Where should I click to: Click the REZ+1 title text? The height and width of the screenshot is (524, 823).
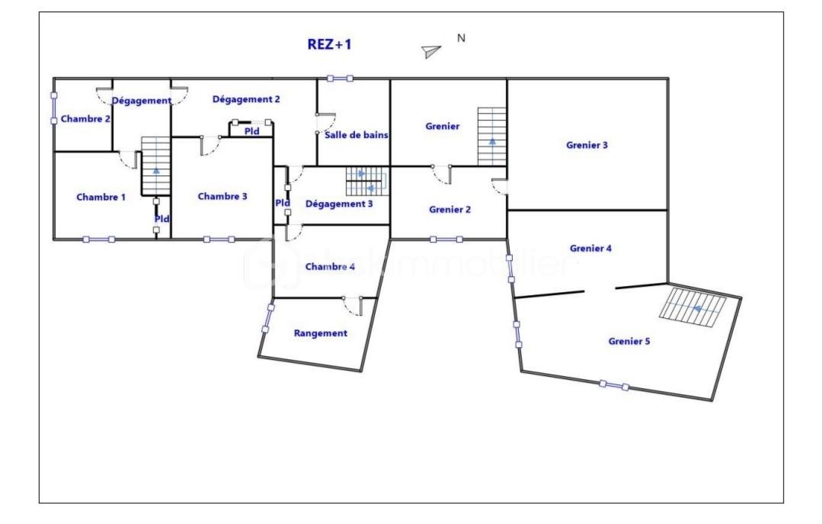[329, 44]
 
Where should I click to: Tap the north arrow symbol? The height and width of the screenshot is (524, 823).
[431, 51]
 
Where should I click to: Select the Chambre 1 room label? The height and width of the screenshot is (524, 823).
[101, 197]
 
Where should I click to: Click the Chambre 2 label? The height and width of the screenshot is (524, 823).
[85, 119]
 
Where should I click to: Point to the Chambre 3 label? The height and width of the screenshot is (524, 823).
[223, 196]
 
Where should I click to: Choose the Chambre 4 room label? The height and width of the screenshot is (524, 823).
[330, 266]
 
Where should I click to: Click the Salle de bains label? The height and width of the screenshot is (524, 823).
[357, 135]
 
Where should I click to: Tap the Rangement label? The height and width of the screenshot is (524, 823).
[321, 333]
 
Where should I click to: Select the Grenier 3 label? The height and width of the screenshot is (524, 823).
[587, 145]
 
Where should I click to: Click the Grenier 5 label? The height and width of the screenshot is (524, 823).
[629, 341]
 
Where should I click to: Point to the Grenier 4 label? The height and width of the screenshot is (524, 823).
[591, 248]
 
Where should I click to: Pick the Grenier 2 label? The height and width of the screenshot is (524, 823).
[450, 209]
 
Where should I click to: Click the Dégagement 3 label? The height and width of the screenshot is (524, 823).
[339, 204]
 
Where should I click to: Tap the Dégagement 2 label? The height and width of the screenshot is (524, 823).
[246, 99]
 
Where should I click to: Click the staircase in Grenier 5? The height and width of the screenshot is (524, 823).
[693, 307]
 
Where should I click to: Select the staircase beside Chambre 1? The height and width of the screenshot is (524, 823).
[156, 166]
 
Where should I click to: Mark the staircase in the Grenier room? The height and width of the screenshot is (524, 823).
[492, 137]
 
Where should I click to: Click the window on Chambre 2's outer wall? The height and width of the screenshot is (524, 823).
[53, 108]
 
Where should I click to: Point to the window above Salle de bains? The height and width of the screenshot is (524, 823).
[340, 79]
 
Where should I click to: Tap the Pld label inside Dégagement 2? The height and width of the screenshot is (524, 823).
[252, 131]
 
